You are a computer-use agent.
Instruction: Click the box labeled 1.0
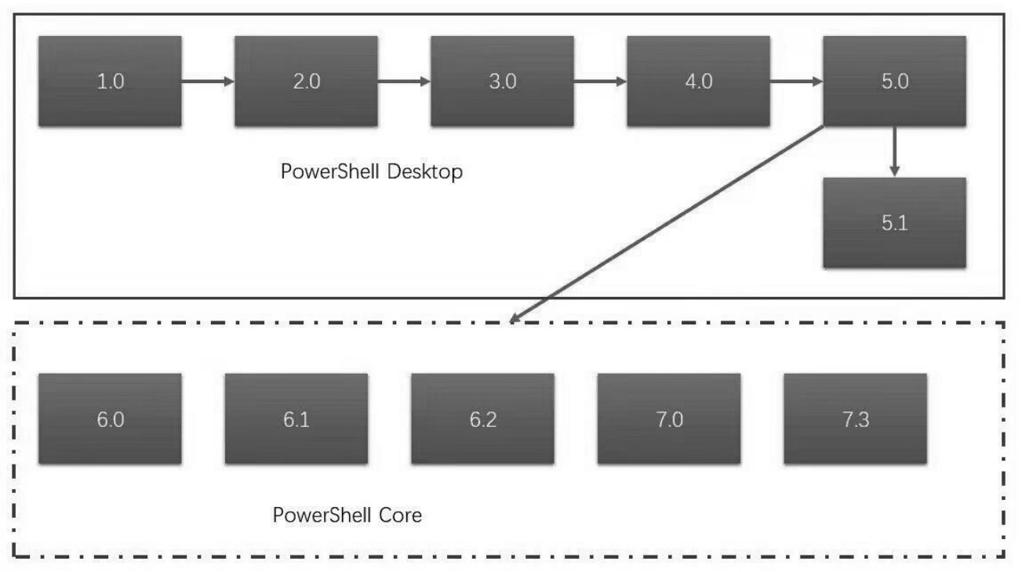(110, 81)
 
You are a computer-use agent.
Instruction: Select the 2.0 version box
(306, 81)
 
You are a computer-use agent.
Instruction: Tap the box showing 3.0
(502, 81)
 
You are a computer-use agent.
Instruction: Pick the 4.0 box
(698, 81)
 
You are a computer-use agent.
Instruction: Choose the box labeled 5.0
(894, 81)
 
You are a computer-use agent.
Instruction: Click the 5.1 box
(894, 223)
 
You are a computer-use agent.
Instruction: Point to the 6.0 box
(110, 418)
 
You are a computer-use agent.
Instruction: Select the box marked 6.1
(296, 418)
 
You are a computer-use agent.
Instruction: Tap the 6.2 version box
(482, 418)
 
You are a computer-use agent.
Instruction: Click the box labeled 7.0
(668, 418)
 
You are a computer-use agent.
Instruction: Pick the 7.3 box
(855, 418)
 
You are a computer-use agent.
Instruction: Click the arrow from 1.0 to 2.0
(208, 81)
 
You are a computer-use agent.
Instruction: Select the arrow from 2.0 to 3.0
(404, 81)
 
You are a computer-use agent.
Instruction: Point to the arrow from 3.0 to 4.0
(600, 81)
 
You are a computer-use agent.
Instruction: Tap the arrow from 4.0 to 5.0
(796, 81)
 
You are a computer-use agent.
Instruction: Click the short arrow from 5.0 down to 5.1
(894, 152)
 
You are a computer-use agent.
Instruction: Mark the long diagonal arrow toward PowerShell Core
(667, 224)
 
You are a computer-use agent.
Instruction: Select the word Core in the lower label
(396, 516)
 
